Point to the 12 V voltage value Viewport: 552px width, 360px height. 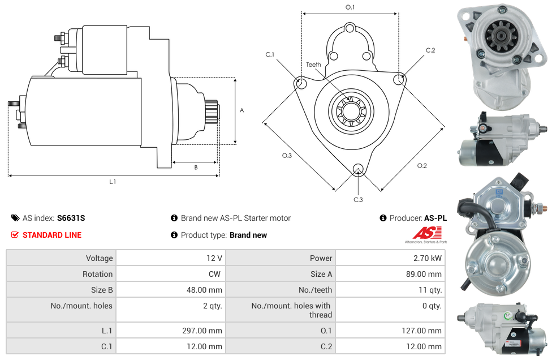pos(214,258)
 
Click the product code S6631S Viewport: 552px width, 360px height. pos(71,218)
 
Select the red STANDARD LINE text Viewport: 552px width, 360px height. pos(52,235)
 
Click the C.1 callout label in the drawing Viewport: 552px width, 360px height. pos(270,54)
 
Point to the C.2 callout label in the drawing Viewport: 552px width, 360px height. pos(430,50)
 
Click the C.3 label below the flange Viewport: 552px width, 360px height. pos(358,199)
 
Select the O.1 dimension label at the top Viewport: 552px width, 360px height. pos(350,7)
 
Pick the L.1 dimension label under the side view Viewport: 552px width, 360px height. pos(113,182)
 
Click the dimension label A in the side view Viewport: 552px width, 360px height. pos(241,110)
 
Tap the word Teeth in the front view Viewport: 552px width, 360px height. pos(313,65)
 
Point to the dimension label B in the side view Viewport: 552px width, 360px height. pos(196,168)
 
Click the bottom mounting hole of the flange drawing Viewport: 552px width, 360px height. pos(357,169)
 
